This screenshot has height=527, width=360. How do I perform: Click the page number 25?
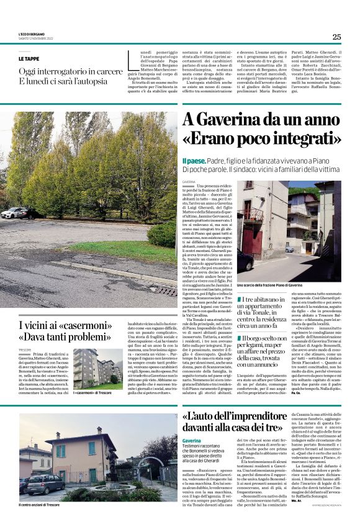pos(336,37)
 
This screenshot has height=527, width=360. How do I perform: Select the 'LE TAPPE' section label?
pos(29,58)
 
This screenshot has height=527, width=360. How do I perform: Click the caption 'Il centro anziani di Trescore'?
pos(42,506)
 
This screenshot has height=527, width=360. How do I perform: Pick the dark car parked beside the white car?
pos(32,214)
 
